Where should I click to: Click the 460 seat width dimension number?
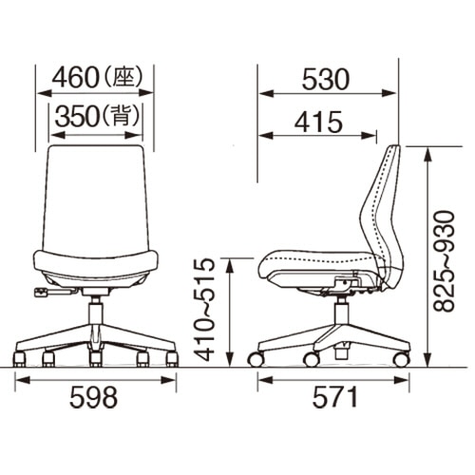(74, 78)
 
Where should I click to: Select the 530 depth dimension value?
(326, 79)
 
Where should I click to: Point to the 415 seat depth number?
(318, 122)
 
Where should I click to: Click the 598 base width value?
(94, 397)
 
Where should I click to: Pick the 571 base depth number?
(335, 397)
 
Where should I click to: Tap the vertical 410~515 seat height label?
(204, 310)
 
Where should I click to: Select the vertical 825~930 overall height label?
(444, 261)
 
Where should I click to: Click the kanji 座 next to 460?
(123, 77)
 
